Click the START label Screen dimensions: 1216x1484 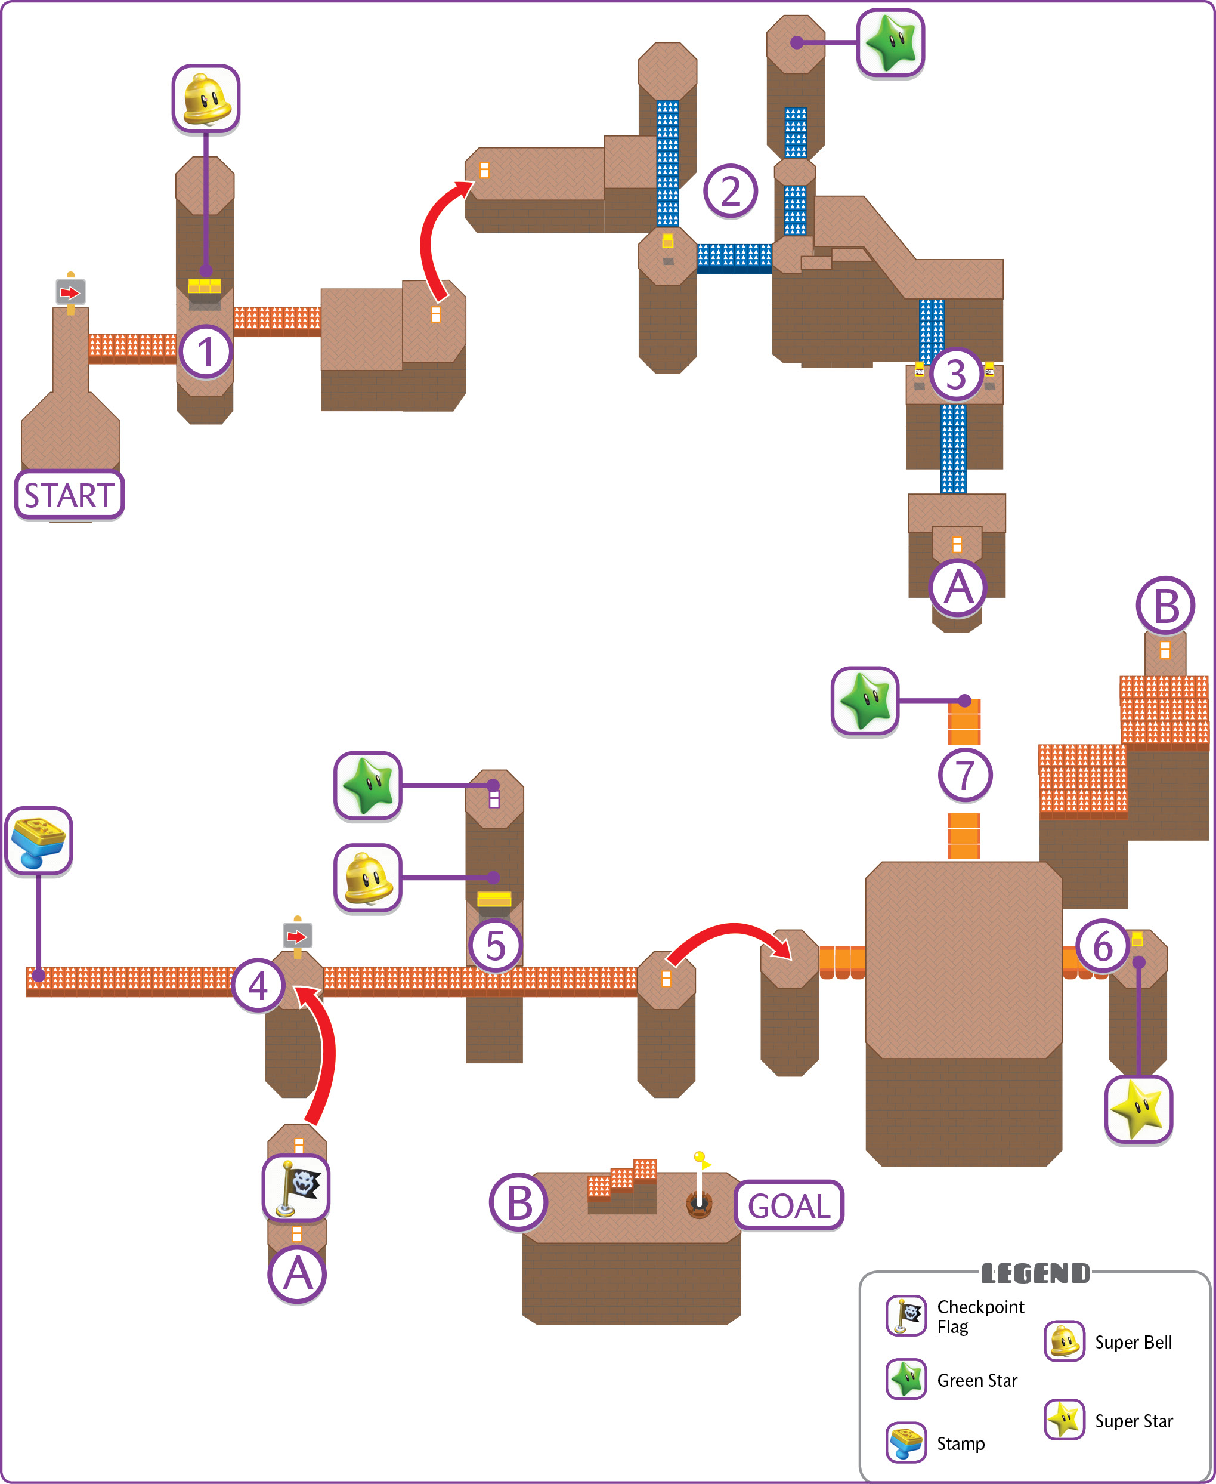(69, 495)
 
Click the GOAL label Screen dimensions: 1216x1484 (789, 1205)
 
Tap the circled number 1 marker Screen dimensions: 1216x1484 (206, 351)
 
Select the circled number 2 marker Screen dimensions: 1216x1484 (731, 190)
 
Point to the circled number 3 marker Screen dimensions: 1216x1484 (956, 374)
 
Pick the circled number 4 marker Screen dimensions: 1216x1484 (258, 985)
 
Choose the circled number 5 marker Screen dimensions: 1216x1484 (495, 945)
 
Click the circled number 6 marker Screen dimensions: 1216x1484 (1103, 946)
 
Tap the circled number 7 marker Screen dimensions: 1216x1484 (966, 775)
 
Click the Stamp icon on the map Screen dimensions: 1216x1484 (39, 841)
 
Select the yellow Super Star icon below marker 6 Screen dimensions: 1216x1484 (1138, 1109)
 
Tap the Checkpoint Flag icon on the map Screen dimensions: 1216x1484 (296, 1188)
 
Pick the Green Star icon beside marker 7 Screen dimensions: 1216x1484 (865, 701)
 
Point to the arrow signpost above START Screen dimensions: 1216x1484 (71, 294)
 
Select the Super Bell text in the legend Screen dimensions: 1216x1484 (1133, 1342)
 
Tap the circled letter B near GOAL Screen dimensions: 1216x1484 (519, 1203)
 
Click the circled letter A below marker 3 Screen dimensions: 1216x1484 (958, 588)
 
